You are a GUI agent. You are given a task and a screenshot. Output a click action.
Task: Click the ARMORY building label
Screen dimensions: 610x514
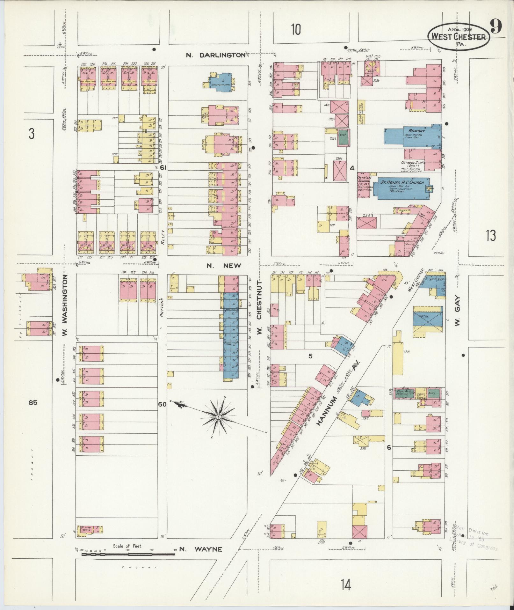[414, 131]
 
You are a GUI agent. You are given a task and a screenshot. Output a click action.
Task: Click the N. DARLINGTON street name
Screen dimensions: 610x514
[216, 55]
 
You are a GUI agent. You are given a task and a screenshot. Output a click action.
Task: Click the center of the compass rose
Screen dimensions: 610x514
[219, 417]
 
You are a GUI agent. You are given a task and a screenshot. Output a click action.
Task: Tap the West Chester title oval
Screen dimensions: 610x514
[458, 37]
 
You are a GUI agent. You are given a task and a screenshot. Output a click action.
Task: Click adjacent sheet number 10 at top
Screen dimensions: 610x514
[296, 30]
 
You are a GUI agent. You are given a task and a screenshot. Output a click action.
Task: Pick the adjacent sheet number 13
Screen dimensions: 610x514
[491, 236]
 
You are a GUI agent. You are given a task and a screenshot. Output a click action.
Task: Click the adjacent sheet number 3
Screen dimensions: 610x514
[31, 134]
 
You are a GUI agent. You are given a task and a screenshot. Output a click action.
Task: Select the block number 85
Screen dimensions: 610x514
[33, 403]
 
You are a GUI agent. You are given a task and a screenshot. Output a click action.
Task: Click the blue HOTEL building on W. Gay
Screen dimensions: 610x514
[428, 319]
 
